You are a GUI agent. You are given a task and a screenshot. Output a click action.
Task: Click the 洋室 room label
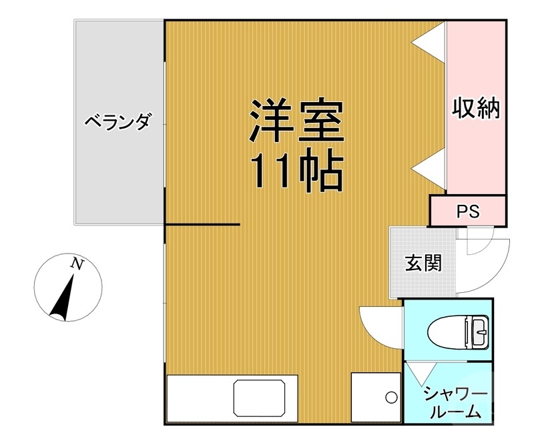296,121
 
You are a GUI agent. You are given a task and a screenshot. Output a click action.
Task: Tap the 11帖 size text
296,171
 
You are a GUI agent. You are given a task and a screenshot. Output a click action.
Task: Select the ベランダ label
118,123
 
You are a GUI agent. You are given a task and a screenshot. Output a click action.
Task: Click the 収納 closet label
477,107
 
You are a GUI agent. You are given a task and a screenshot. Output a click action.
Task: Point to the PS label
467,212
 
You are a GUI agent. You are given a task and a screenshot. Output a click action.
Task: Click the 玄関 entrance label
423,263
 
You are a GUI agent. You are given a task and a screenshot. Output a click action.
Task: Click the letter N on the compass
78,264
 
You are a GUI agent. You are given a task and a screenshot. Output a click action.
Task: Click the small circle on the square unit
391,398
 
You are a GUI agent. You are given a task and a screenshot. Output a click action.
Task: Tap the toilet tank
481,329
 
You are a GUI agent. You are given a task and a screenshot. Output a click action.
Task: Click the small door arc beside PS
479,242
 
